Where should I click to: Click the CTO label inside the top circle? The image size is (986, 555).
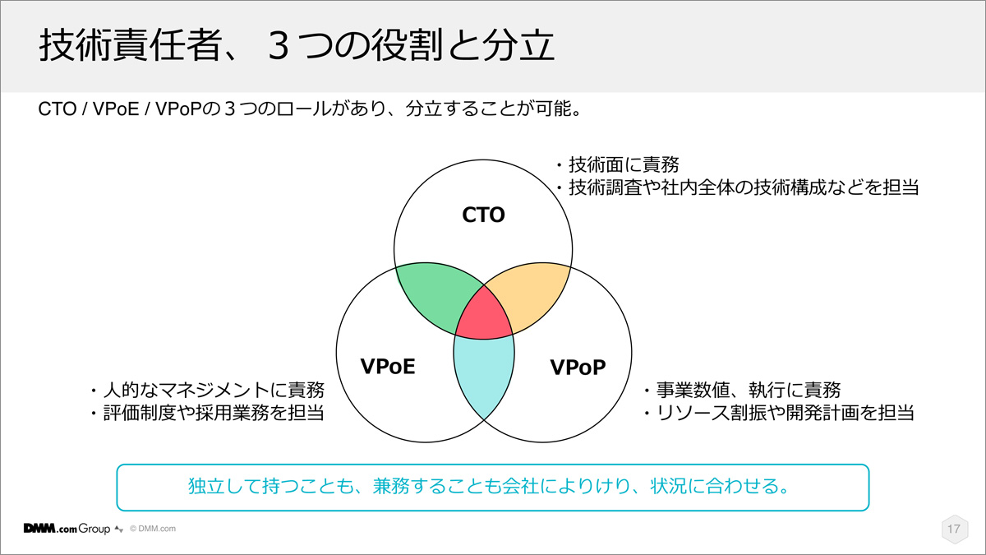pyautogui.click(x=483, y=215)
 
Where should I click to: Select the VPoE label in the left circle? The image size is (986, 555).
pyautogui.click(x=387, y=367)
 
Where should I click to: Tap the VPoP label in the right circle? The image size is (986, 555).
pyautogui.click(x=578, y=367)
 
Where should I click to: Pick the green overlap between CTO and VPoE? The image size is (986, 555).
pyautogui.click(x=434, y=295)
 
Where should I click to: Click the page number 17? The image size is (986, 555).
pyautogui.click(x=954, y=529)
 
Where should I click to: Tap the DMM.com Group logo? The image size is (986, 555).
pyautogui.click(x=67, y=529)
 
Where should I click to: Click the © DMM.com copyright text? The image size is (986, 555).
pyautogui.click(x=153, y=529)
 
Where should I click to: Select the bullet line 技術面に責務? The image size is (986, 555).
pyautogui.click(x=617, y=164)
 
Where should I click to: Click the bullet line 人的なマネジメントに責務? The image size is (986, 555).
pyautogui.click(x=207, y=390)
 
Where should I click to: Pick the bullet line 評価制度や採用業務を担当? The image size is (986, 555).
pyautogui.click(x=207, y=413)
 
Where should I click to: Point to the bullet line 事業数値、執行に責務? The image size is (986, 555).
pyautogui.click(x=742, y=390)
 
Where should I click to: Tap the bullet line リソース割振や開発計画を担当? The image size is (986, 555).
pyautogui.click(x=779, y=413)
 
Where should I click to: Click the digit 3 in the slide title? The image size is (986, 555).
pyautogui.click(x=279, y=45)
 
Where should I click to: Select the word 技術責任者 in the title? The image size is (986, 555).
pyautogui.click(x=130, y=45)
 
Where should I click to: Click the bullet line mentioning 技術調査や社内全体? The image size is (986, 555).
pyautogui.click(x=737, y=187)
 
